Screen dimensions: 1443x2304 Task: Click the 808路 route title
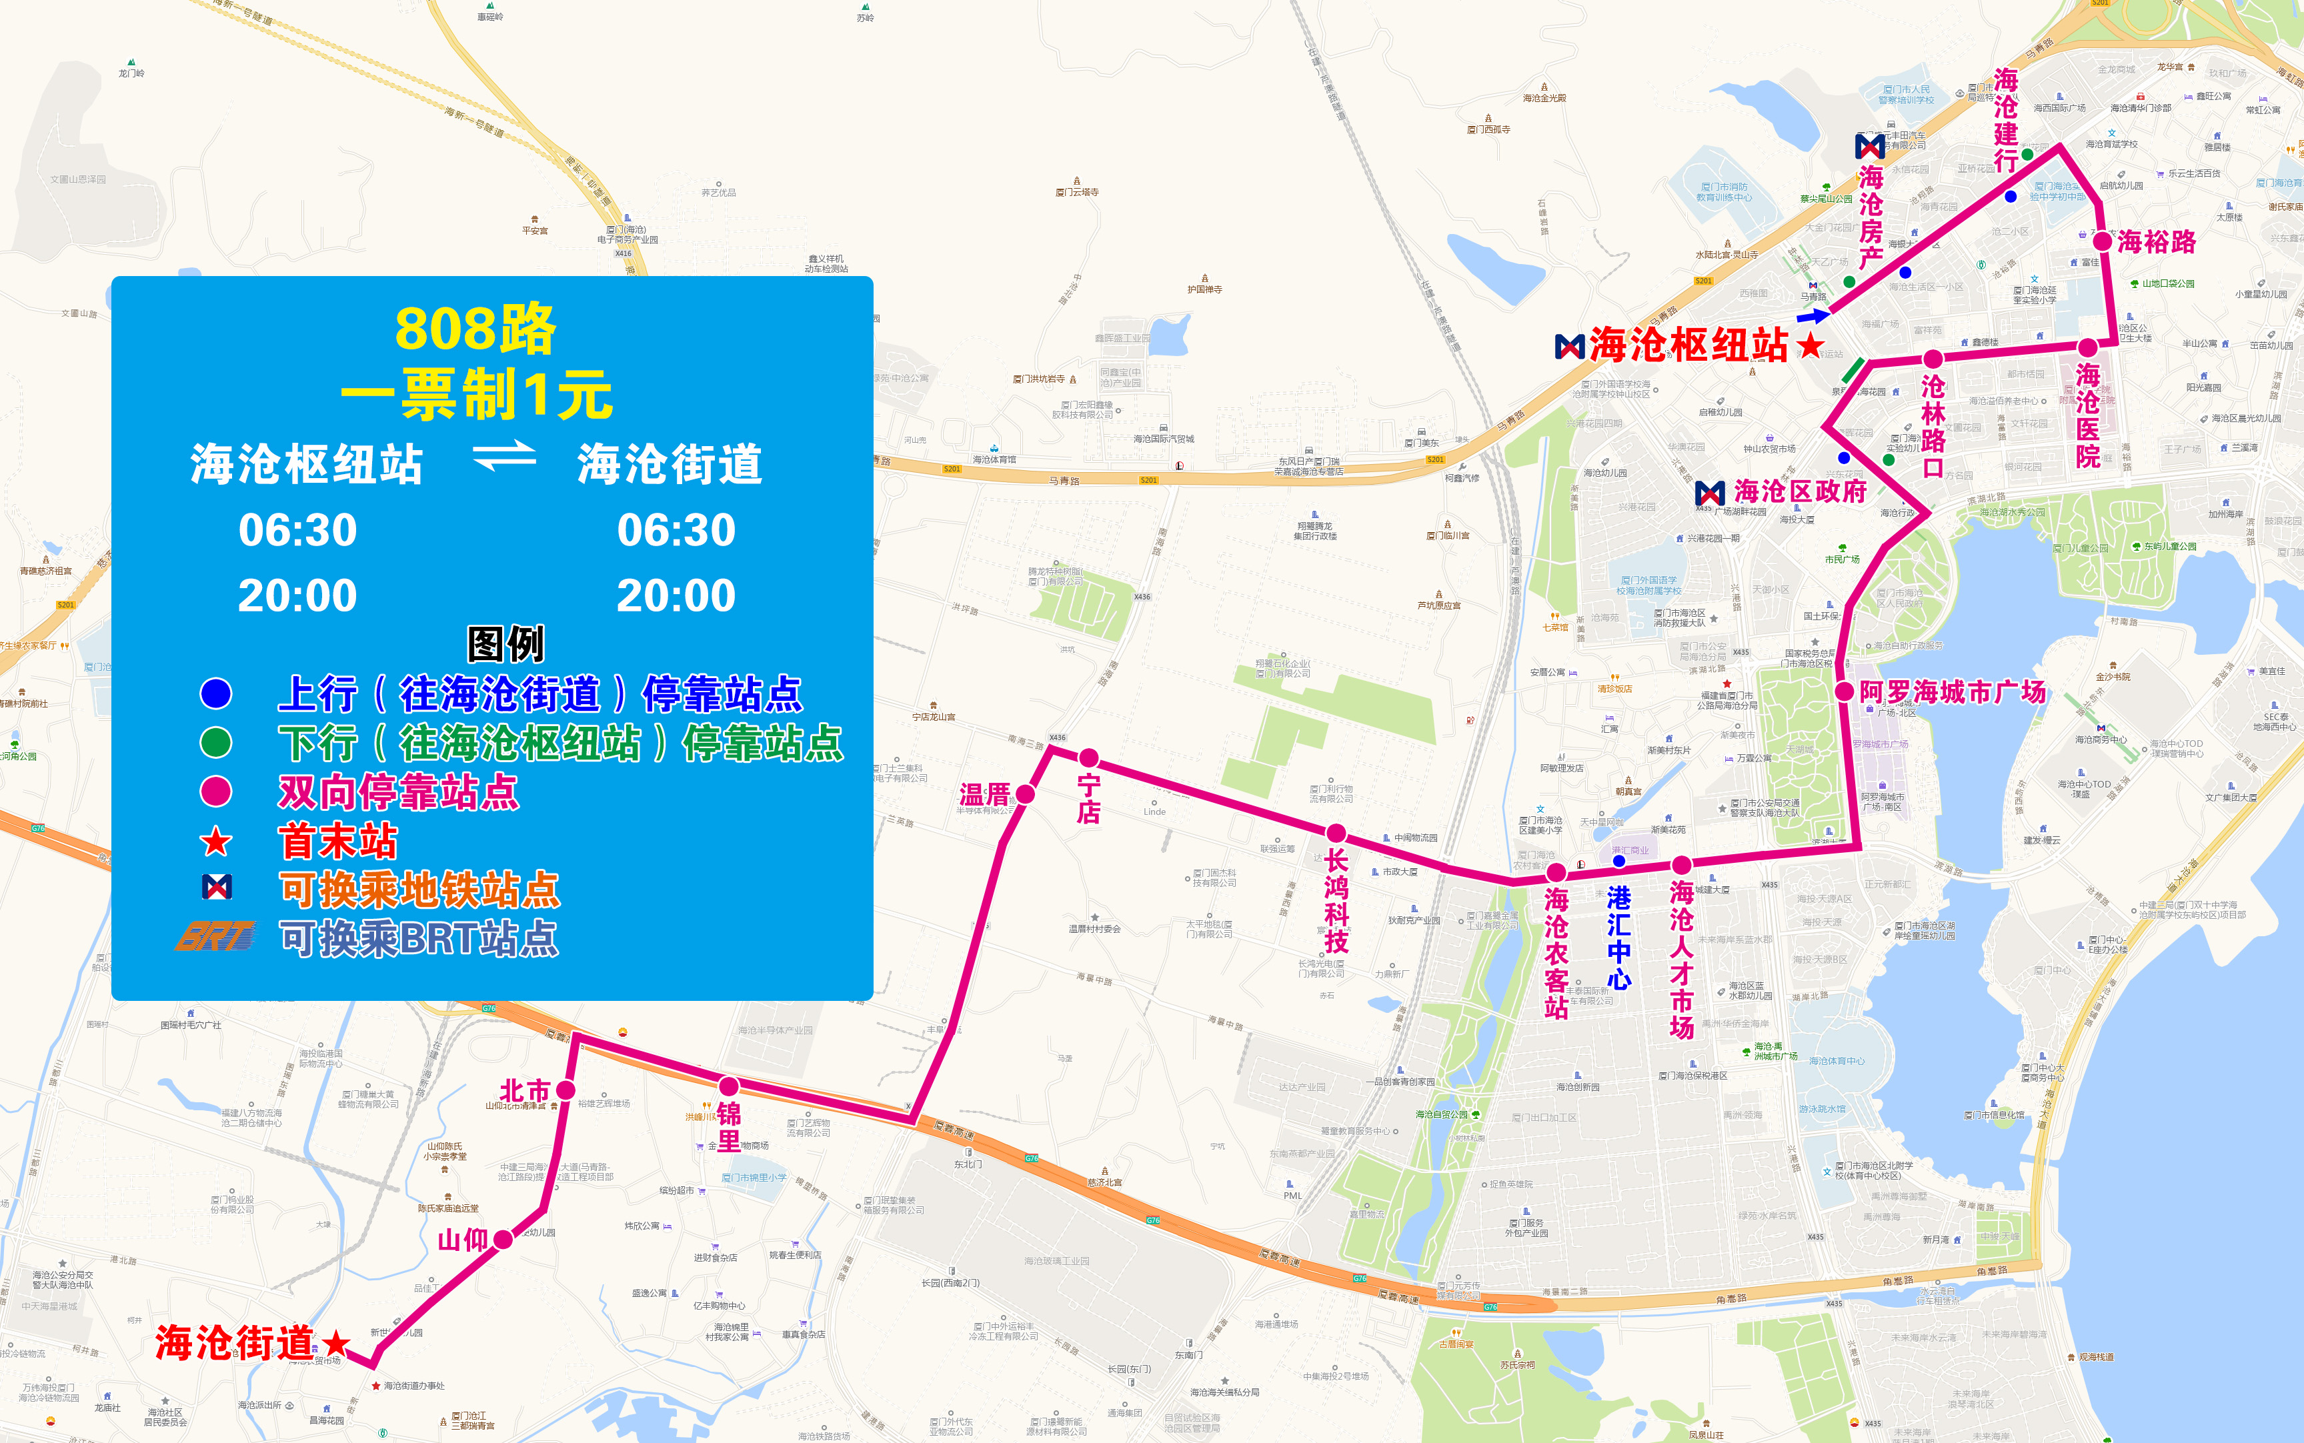[x=475, y=329]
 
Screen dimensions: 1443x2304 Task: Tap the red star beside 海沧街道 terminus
[x=335, y=1344]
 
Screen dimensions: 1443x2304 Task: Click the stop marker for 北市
[x=566, y=1090]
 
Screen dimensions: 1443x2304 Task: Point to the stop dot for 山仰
[x=503, y=1240]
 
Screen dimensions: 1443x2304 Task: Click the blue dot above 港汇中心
[x=1618, y=861]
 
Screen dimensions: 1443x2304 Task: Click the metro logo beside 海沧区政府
[x=1709, y=493]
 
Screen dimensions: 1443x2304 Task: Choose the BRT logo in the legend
[x=215, y=936]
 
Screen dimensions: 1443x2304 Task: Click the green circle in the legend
[x=215, y=742]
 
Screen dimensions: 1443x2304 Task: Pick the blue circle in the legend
[x=215, y=693]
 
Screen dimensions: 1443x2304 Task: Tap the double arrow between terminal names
[x=505, y=456]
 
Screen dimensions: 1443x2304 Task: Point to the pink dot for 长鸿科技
[x=1336, y=833]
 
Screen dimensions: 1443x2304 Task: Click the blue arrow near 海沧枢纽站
[x=1813, y=315]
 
